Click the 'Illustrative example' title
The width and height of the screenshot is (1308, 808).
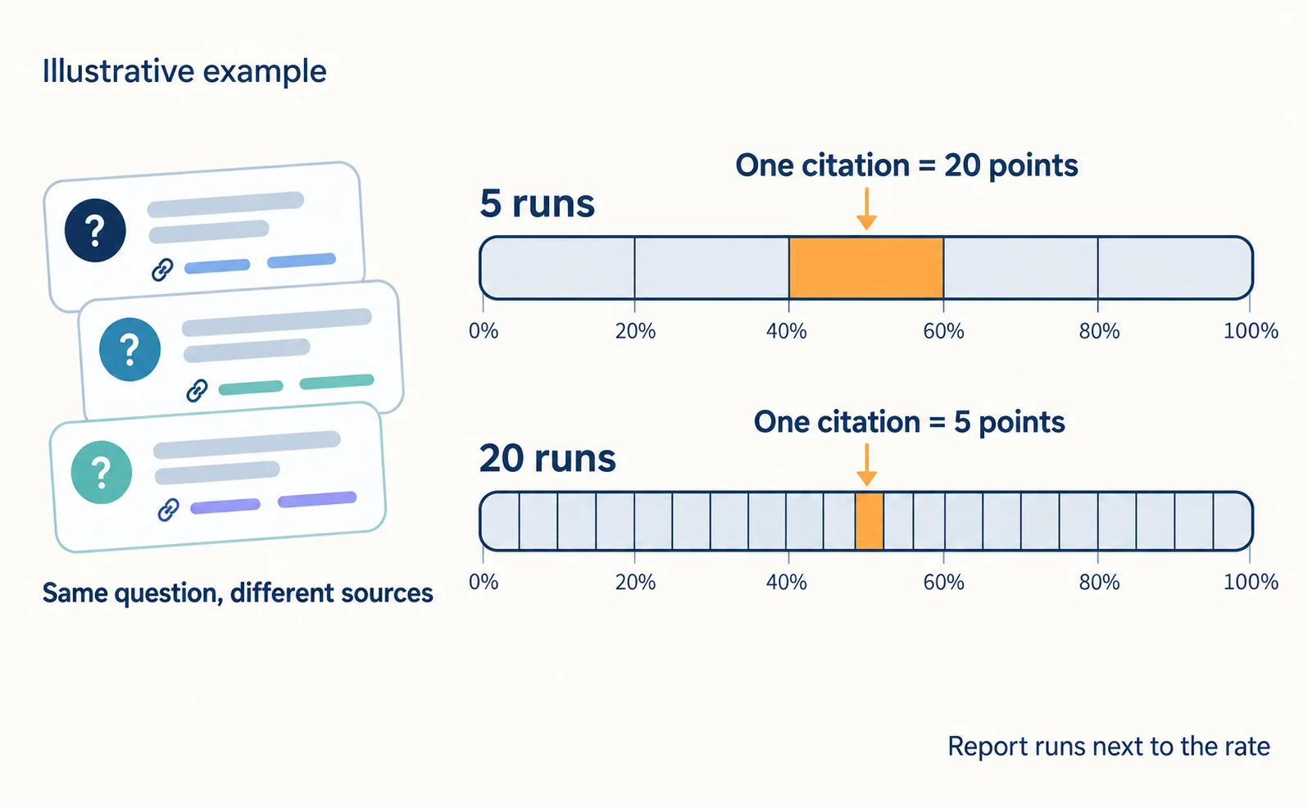[184, 72]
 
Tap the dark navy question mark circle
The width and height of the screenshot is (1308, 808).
[95, 230]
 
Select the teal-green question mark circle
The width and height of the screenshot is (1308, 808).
[102, 472]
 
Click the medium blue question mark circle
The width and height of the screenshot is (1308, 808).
[129, 349]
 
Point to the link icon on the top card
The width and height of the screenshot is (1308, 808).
[162, 270]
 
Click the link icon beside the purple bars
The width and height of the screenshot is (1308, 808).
[168, 510]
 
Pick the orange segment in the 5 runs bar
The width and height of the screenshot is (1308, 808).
[866, 268]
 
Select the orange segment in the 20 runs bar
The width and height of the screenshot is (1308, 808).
[870, 520]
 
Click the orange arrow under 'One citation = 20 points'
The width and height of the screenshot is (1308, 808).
[866, 208]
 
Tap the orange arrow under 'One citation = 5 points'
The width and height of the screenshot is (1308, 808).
[866, 465]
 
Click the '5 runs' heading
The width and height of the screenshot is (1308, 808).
[538, 204]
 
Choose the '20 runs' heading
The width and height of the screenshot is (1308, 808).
[547, 458]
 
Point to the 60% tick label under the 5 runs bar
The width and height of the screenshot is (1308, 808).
[943, 332]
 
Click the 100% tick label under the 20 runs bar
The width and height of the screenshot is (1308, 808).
[1251, 582]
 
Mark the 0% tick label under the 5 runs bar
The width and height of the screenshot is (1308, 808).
[484, 332]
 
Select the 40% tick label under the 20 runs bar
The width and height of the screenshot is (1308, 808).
[787, 583]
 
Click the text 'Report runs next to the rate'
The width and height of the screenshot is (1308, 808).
[1109, 746]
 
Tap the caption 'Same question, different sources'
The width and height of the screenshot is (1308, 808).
[238, 593]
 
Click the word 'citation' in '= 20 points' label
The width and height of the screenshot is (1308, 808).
[856, 166]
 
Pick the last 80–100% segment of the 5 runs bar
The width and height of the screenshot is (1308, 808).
[1174, 268]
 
